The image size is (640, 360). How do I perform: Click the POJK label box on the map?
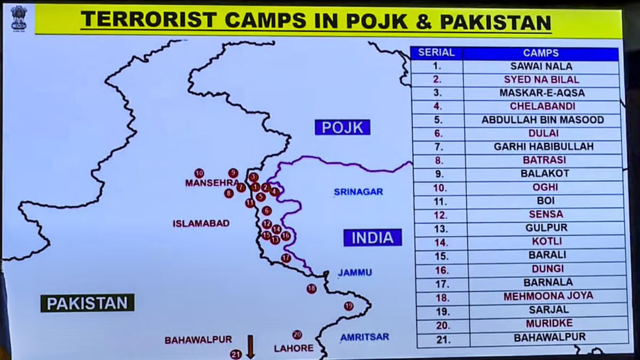click(x=342, y=127)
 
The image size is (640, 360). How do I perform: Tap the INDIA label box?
click(x=372, y=237)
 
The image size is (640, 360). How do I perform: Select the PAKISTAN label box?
click(x=87, y=303)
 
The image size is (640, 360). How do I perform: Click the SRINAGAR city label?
click(x=358, y=191)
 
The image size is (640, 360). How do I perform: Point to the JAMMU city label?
click(x=355, y=273)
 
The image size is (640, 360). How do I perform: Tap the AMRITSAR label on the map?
click(x=364, y=337)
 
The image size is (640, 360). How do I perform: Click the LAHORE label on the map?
click(x=294, y=348)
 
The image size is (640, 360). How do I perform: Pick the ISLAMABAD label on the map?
click(x=201, y=223)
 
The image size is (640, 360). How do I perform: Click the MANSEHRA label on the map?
click(x=211, y=183)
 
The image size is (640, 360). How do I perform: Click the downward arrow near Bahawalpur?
click(x=250, y=347)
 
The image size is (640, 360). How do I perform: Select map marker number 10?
click(x=199, y=173)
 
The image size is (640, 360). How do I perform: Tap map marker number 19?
click(x=348, y=306)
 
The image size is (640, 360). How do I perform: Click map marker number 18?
click(x=311, y=289)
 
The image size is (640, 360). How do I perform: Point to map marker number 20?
click(x=297, y=335)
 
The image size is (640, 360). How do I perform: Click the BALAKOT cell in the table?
click(x=545, y=173)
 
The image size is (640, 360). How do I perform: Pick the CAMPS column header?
click(x=541, y=53)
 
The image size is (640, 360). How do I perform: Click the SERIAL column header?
click(x=436, y=53)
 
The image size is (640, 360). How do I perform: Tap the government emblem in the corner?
click(x=19, y=18)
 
